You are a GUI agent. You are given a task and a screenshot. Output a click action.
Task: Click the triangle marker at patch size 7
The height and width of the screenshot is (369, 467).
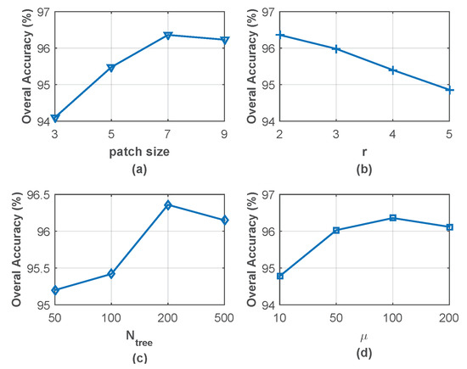[168, 35]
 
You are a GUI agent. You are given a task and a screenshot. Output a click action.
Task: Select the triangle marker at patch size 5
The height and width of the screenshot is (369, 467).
[111, 67]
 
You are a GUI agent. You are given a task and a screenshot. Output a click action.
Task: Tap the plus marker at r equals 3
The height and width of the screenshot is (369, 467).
[337, 49]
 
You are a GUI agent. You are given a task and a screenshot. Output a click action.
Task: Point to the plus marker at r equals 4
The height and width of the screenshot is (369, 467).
[393, 70]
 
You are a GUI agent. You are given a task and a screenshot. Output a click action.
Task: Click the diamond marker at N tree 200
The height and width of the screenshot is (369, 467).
[168, 205]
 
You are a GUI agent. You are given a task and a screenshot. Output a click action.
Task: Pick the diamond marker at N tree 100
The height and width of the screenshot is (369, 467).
[111, 274]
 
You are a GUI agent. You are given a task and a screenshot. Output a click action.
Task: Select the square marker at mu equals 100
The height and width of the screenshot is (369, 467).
[393, 218]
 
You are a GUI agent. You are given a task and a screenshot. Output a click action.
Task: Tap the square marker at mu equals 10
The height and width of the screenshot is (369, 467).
[280, 276]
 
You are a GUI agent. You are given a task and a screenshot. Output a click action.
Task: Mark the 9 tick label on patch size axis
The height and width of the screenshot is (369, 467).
[224, 133]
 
